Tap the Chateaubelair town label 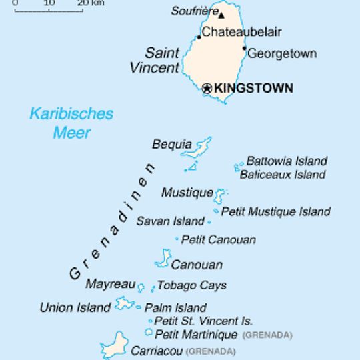click(241, 32)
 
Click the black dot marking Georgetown click(245, 48)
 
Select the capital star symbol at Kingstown click(207, 88)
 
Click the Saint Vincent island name click(154, 60)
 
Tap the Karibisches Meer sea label click(71, 123)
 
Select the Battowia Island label click(287, 161)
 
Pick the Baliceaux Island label click(282, 175)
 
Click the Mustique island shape click(219, 195)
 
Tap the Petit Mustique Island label click(275, 211)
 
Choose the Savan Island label click(170, 221)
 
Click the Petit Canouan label click(219, 239)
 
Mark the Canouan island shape click(163, 258)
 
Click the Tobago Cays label click(191, 285)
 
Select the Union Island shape click(124, 304)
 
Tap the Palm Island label click(175, 307)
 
